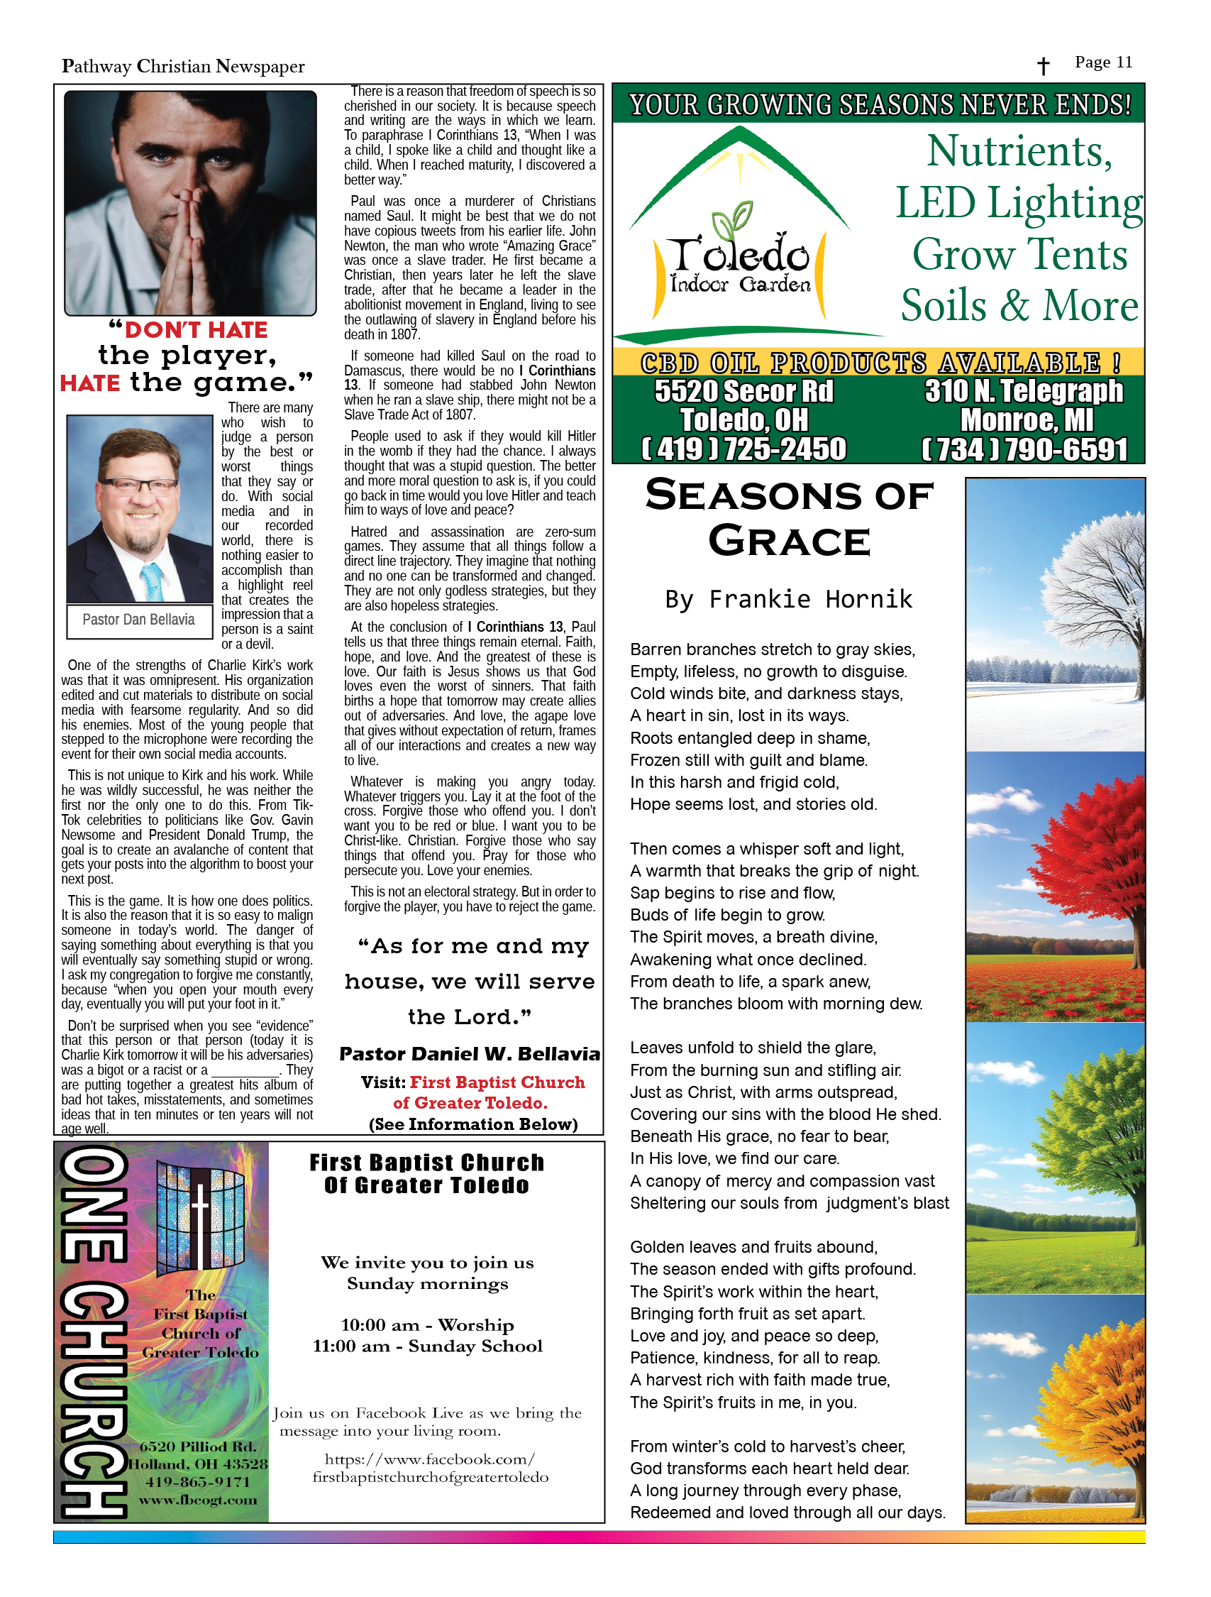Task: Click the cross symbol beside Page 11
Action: coord(1043,67)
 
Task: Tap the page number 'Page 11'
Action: coord(1102,62)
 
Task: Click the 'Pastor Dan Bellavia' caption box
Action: coord(138,620)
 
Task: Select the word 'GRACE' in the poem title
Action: coord(789,542)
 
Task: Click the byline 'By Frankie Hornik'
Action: coord(789,599)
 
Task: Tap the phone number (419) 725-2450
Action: coord(744,449)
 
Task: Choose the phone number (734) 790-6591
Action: coord(1024,449)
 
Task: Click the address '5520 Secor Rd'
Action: coord(743,391)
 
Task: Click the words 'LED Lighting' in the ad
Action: coord(1019,204)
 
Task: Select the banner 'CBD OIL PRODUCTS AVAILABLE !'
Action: coord(878,363)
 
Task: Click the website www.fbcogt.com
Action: coord(198,1500)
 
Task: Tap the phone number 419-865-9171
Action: coord(198,1481)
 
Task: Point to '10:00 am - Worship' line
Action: coord(427,1325)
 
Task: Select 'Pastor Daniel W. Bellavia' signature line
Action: coord(469,1054)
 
